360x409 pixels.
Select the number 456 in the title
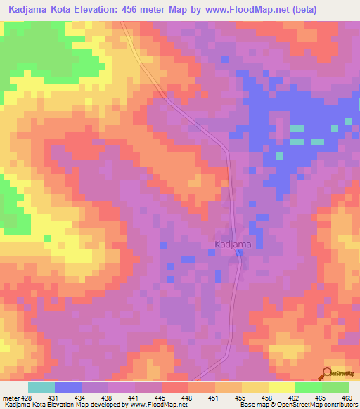click(x=135, y=10)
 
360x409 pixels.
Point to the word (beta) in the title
click(x=297, y=10)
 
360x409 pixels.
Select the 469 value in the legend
click(x=347, y=397)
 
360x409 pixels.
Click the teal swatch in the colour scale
click(x=41, y=387)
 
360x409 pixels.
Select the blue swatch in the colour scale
click(x=68, y=387)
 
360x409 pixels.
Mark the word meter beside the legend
click(x=12, y=397)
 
